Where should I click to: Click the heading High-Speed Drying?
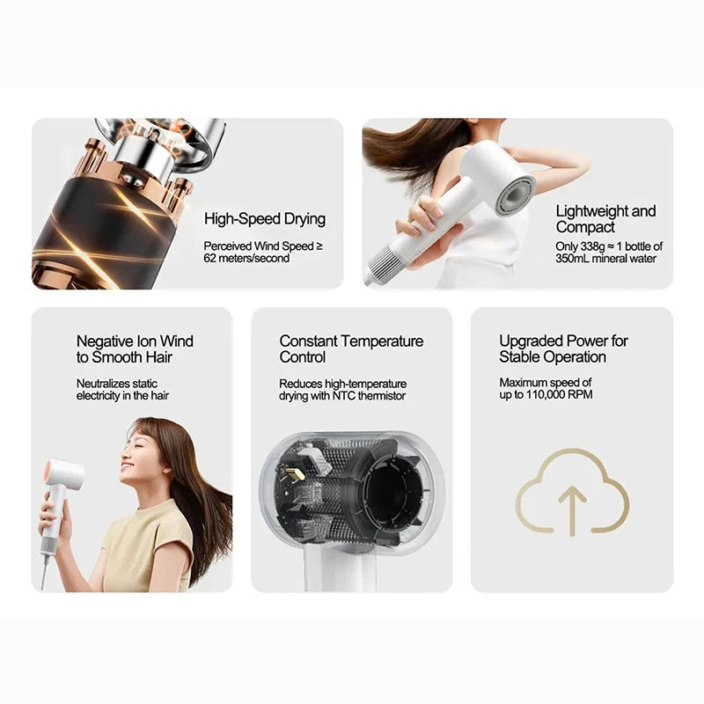pos(264,219)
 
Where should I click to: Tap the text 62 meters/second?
pos(246,259)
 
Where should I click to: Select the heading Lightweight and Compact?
pos(605,219)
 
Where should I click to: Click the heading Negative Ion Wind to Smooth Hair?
pos(135,349)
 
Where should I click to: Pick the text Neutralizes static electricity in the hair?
pos(122,390)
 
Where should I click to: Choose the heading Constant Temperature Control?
pos(351,349)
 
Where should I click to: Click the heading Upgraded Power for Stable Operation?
pos(564,349)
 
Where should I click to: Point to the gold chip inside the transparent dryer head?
pos(296,474)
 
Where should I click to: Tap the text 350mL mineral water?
pos(605,259)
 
